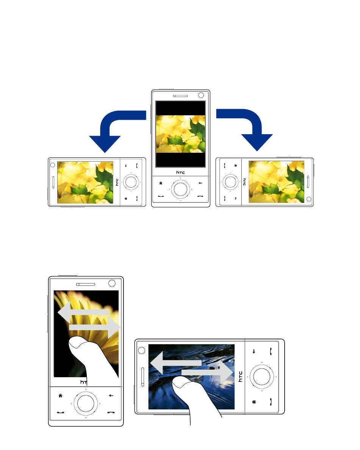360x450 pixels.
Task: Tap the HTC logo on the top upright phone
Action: (180, 172)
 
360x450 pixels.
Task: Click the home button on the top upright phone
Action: (161, 183)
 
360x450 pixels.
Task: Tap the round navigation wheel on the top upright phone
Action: (180, 189)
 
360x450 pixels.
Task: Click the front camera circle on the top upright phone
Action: (201, 95)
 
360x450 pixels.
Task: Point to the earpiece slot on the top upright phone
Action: (180, 96)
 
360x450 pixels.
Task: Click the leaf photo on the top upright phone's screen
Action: (180, 134)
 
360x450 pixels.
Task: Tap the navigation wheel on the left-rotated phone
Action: (131, 182)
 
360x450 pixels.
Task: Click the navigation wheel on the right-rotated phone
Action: (231, 182)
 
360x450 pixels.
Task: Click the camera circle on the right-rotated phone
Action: (309, 199)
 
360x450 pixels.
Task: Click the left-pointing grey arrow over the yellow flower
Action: (83, 312)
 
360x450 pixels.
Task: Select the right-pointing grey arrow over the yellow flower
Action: (94, 327)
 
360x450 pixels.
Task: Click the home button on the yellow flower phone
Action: (61, 395)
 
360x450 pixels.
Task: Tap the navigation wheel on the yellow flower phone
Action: (86, 403)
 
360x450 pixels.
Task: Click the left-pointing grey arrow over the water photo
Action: (175, 363)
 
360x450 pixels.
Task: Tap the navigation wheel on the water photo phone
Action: (261, 376)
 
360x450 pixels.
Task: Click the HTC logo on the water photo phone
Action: (240, 376)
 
